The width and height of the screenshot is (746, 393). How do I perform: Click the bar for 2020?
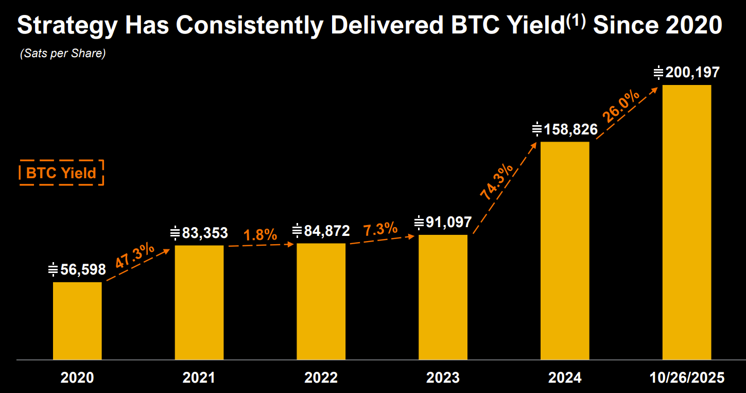coord(77,320)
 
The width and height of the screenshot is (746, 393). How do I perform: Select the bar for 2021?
coord(199,302)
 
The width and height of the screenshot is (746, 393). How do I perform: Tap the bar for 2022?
coord(321,301)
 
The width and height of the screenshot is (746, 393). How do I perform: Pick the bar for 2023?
coord(443,297)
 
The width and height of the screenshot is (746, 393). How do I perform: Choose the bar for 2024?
coord(565,250)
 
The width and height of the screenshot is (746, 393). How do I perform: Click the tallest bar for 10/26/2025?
coord(686,222)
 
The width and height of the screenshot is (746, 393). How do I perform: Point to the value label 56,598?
coord(83,269)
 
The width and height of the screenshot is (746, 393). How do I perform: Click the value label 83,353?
coord(204,233)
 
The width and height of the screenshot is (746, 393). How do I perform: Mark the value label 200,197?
coord(692,73)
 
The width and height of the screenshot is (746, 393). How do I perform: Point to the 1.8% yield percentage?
coord(260,235)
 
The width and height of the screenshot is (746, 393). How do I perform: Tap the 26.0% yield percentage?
coord(621,107)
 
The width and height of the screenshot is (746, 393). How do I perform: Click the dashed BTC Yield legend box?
coord(61,173)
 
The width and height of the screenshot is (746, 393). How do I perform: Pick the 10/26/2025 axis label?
coord(686,378)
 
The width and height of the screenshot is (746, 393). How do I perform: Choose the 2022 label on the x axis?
coord(321,378)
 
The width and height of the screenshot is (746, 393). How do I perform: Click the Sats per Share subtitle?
coord(63,54)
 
